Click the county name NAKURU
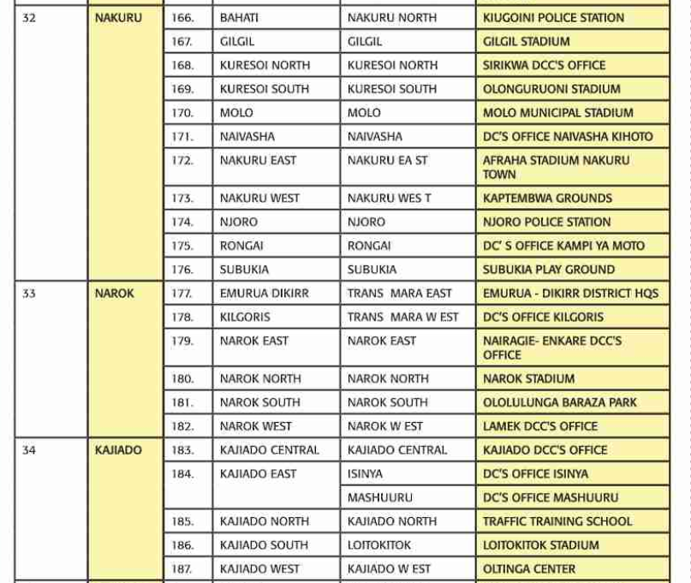[118, 17]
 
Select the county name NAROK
[115, 293]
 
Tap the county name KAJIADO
[118, 449]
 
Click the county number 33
[29, 293]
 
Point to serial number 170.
[182, 112]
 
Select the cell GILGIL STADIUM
[526, 41]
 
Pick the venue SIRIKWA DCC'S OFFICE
[544, 65]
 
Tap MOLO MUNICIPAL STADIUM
[557, 112]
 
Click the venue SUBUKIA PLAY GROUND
[549, 269]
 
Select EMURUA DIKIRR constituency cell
[264, 293]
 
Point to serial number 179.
[182, 341]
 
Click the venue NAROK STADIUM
[528, 378]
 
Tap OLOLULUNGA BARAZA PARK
[559, 402]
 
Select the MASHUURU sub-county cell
[379, 497]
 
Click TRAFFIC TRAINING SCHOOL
[557, 521]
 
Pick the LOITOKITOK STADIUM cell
[540, 544]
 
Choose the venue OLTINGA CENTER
[529, 568]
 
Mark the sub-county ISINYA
[365, 473]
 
